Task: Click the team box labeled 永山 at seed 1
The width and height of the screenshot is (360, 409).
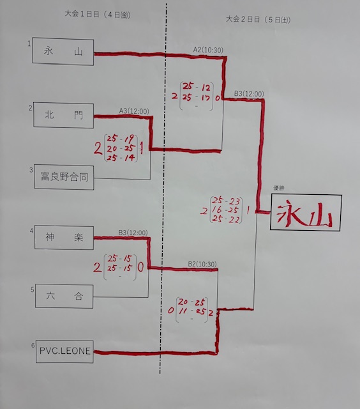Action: click(x=63, y=51)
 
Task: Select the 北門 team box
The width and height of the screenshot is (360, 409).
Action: click(x=64, y=115)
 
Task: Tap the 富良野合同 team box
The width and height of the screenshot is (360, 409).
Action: click(x=64, y=177)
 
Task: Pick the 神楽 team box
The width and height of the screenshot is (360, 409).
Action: click(x=64, y=237)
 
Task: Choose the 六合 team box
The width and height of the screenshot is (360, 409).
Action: click(x=64, y=296)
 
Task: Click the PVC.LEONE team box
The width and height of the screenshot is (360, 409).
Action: click(x=64, y=351)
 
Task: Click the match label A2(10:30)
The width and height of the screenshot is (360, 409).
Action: click(x=208, y=50)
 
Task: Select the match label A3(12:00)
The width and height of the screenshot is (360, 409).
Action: click(x=134, y=111)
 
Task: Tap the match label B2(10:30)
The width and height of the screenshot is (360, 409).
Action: click(x=202, y=264)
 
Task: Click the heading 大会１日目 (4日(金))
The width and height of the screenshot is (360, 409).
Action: click(x=98, y=14)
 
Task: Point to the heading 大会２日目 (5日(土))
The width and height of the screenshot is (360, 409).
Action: click(x=258, y=20)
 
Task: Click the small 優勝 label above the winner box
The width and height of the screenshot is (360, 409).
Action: click(x=278, y=188)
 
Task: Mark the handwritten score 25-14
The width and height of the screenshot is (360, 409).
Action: click(x=121, y=158)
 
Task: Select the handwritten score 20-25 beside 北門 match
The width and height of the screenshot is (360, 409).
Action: click(x=121, y=148)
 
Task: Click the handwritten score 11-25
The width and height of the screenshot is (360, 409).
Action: click(x=192, y=311)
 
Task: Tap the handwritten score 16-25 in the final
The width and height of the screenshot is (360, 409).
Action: click(x=225, y=210)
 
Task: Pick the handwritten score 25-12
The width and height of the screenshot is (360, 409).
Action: click(x=197, y=87)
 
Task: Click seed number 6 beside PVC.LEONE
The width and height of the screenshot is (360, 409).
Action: click(x=33, y=345)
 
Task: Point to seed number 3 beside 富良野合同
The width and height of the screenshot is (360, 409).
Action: click(x=31, y=170)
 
